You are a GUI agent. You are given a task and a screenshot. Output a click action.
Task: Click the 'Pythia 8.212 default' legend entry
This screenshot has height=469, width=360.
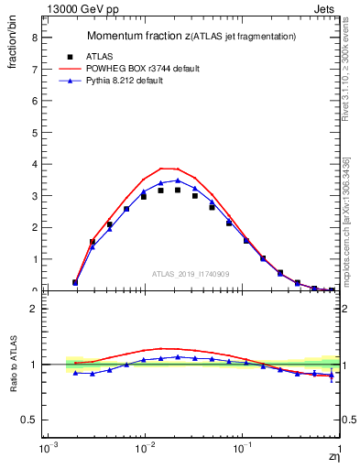click(120, 82)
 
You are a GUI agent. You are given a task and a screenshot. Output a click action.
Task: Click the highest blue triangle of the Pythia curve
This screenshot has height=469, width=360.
click(178, 180)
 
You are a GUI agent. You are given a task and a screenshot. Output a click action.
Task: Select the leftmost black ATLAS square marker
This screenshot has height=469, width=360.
click(75, 282)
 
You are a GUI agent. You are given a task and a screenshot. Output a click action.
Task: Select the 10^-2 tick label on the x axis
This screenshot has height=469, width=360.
click(143, 450)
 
